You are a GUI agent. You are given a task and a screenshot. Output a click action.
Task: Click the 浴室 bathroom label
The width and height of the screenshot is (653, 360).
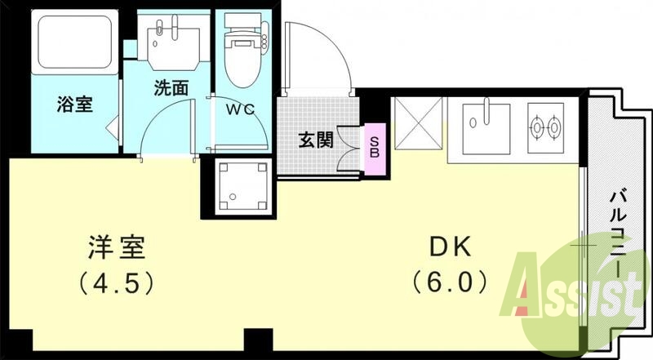(74, 104)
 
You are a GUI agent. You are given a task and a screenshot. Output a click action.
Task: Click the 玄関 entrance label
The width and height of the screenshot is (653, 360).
(314, 140)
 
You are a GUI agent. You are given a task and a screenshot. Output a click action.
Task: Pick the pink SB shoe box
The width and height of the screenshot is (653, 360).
(375, 147)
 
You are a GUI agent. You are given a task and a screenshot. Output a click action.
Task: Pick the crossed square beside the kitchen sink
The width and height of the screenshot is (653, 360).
(417, 125)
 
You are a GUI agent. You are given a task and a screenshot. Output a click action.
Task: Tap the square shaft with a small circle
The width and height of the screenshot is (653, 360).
(242, 185)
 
